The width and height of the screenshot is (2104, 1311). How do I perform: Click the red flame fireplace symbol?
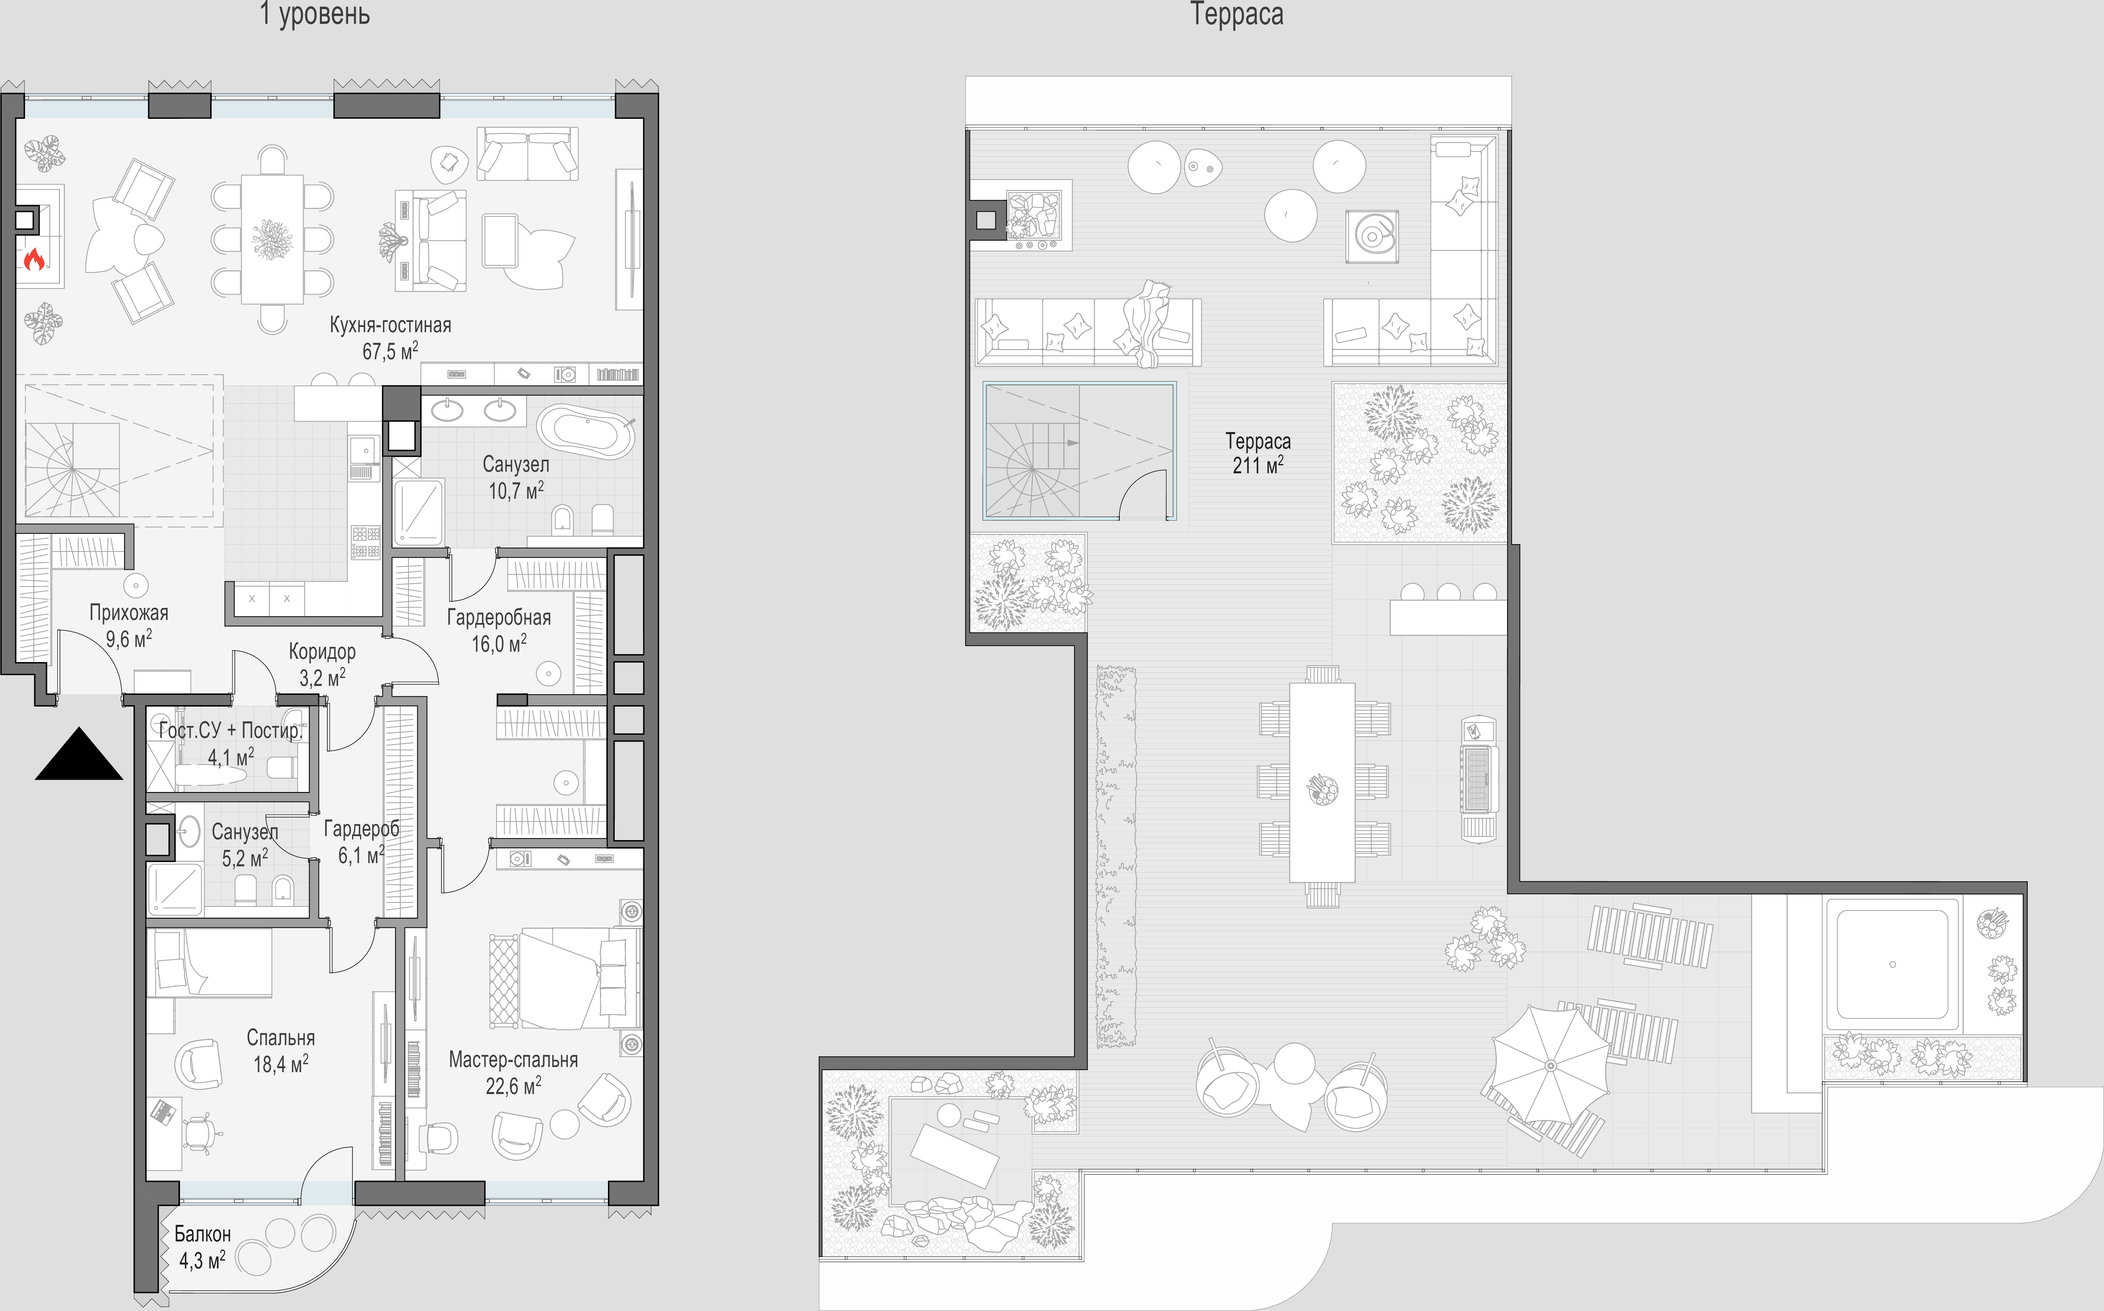34,258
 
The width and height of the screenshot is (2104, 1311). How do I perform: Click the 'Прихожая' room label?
129,613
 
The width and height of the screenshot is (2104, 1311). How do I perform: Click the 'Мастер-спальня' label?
513,1059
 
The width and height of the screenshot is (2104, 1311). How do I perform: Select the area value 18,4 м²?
281,1063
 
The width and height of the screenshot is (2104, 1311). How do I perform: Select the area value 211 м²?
1258,465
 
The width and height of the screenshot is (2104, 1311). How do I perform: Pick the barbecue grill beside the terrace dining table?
1479,777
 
